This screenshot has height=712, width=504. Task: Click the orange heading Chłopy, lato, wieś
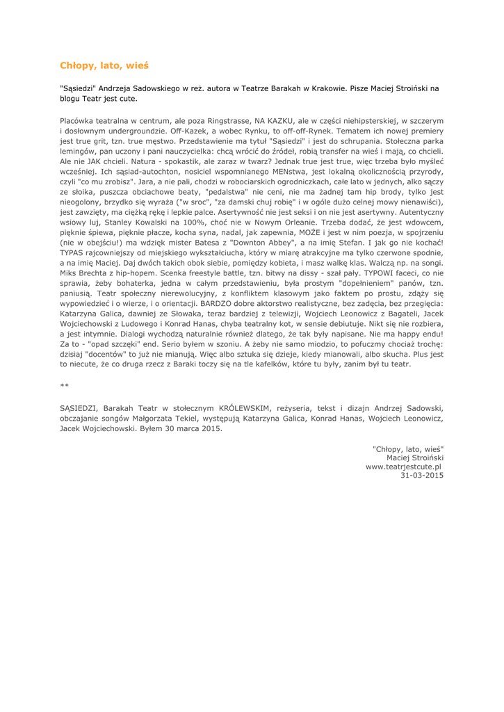(104, 66)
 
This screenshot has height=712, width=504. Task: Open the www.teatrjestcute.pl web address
(404, 467)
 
